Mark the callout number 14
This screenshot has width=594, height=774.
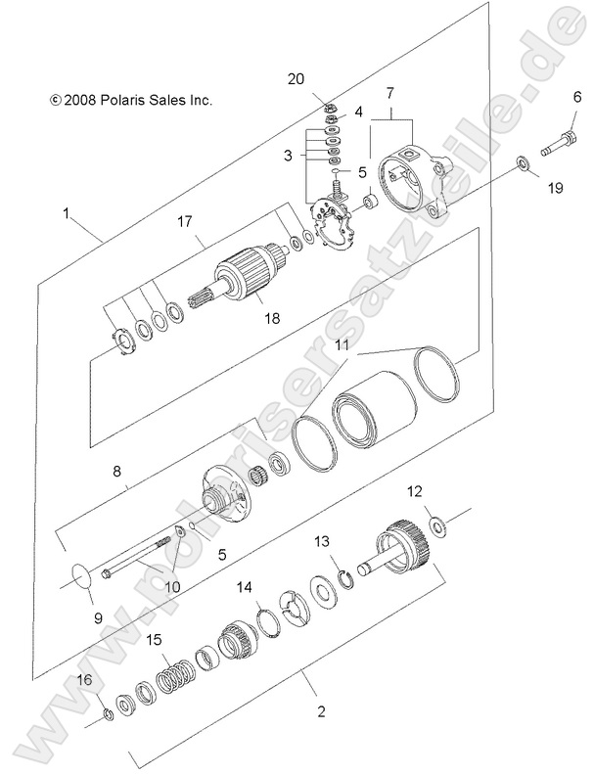click(x=245, y=587)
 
